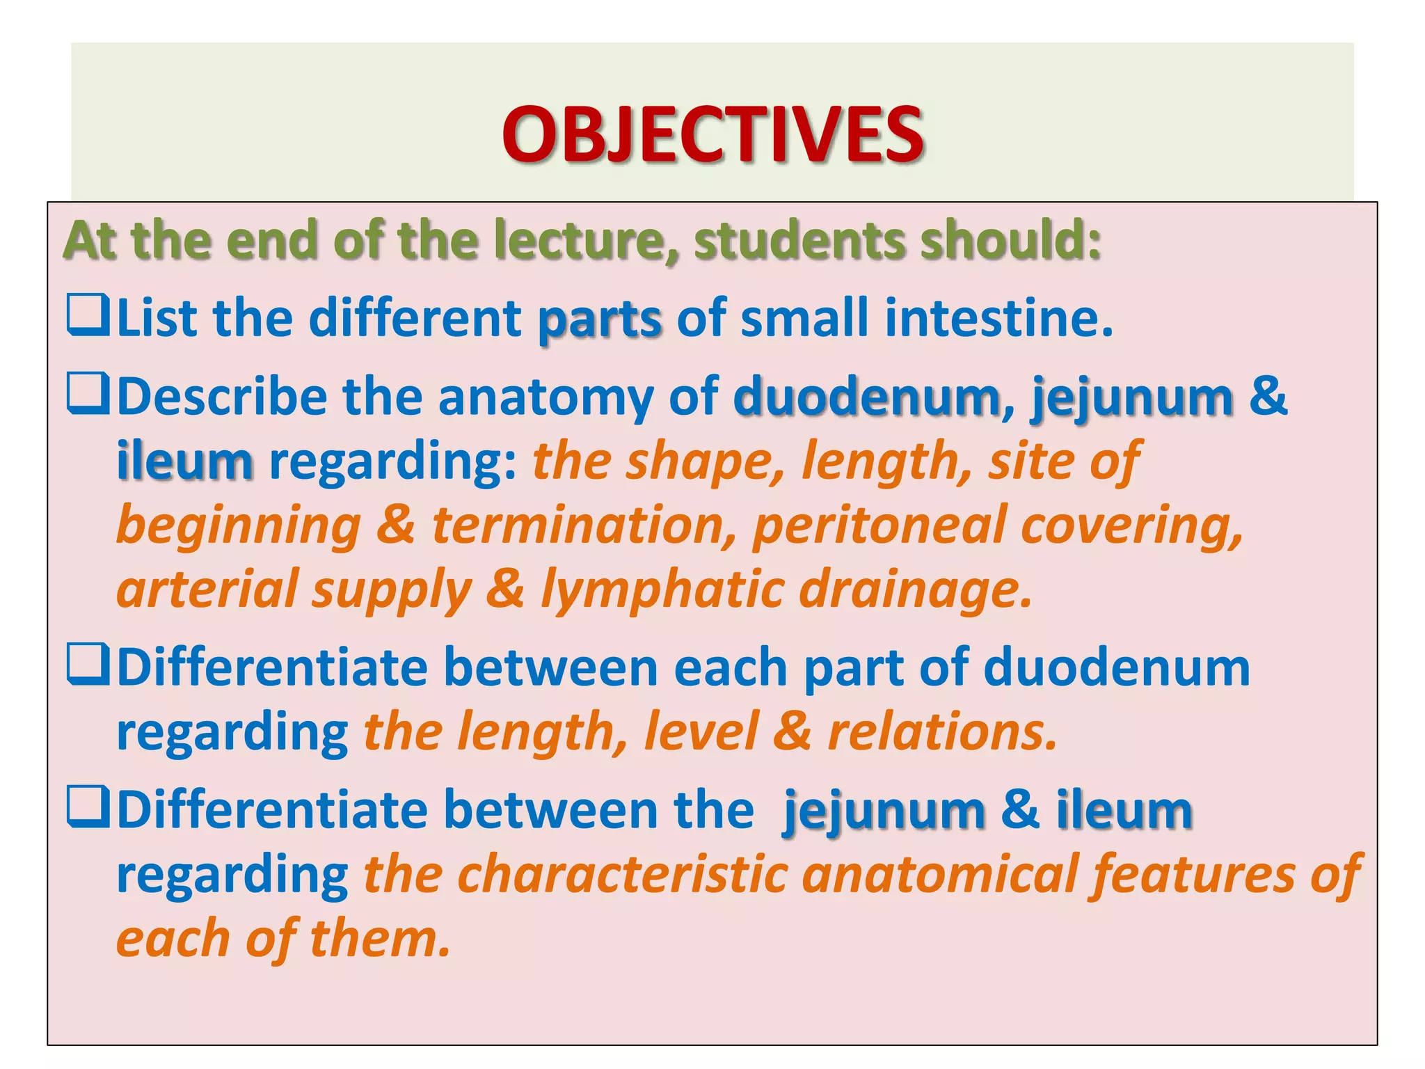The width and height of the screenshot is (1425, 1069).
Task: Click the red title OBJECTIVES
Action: [712, 134]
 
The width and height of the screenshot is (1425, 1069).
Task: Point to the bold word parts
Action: [599, 320]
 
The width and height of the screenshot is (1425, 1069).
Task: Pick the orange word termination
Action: [583, 525]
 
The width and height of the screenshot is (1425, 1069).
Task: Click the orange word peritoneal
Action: [879, 527]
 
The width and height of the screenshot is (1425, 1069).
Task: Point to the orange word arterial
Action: [207, 589]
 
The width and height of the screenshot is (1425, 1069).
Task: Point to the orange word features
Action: [1193, 875]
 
